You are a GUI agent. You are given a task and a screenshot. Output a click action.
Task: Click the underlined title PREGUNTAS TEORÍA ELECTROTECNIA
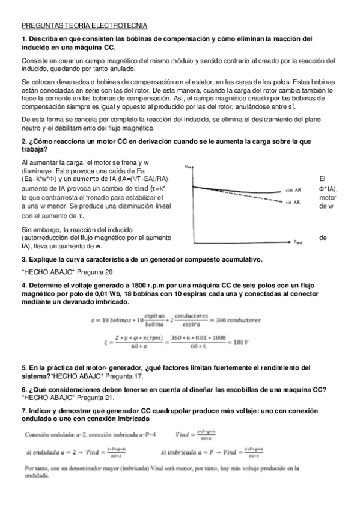[84, 26]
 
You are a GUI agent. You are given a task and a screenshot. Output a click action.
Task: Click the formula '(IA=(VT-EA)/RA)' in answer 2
[137, 179]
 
